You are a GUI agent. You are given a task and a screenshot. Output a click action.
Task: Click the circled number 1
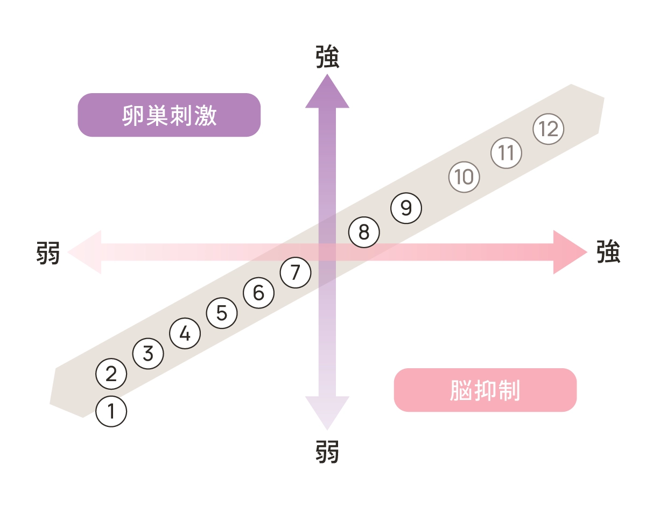111,412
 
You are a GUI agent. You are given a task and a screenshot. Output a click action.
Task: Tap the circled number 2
111,374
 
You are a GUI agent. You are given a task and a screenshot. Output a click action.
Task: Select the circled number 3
148,354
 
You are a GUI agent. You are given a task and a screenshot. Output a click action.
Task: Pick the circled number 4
185,334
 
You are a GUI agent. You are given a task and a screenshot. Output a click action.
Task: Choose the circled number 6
259,293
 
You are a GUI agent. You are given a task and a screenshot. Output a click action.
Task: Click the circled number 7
296,273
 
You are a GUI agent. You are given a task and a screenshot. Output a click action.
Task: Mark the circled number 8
364,233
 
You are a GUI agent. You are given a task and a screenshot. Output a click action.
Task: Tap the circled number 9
406,208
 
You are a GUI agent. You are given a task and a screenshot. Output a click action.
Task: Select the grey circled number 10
464,177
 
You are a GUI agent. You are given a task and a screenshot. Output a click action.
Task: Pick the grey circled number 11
506,153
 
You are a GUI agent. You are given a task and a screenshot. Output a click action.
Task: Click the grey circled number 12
549,130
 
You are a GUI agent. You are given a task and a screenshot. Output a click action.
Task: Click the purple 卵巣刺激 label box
169,115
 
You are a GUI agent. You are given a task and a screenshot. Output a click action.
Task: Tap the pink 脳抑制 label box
485,390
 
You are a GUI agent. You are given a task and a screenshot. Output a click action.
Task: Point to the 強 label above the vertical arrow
327,58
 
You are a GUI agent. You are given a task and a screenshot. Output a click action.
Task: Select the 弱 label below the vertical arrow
327,452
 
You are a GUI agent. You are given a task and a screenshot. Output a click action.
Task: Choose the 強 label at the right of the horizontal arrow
608,251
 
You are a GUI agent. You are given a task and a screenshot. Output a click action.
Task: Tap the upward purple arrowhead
327,93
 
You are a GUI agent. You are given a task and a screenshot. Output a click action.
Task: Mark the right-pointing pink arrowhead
569,252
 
